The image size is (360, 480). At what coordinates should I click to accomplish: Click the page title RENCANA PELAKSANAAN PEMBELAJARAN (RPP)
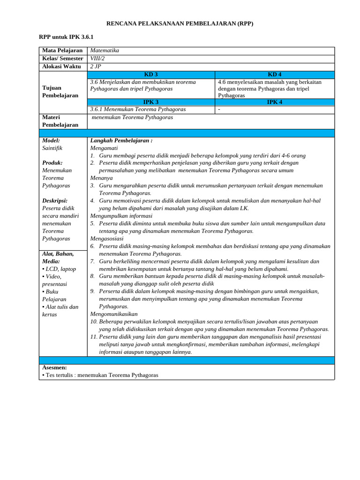coord(180,23)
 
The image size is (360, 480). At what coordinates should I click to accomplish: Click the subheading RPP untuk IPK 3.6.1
coord(63,37)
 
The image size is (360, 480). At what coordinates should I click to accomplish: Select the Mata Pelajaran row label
coord(62,51)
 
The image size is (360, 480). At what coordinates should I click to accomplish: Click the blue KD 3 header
coord(151,75)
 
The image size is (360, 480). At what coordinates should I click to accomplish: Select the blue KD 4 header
coord(275,75)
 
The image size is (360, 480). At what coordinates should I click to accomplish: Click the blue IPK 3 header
coord(151,102)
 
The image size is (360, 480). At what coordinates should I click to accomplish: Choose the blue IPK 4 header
coord(275,102)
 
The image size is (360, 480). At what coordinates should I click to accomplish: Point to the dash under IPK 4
coord(219,110)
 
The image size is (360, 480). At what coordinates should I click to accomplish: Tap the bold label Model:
coord(51,140)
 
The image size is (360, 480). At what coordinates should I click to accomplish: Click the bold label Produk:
coord(52,163)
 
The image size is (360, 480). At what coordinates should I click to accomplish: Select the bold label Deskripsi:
coord(55,201)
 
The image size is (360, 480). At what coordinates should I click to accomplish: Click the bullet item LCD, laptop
coord(60,269)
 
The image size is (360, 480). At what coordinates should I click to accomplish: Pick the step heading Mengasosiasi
coord(107,238)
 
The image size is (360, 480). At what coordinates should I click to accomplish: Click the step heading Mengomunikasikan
coord(114,314)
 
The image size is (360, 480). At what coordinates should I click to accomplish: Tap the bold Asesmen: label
coord(54,367)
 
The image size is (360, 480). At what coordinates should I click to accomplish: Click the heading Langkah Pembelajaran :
coord(121,140)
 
